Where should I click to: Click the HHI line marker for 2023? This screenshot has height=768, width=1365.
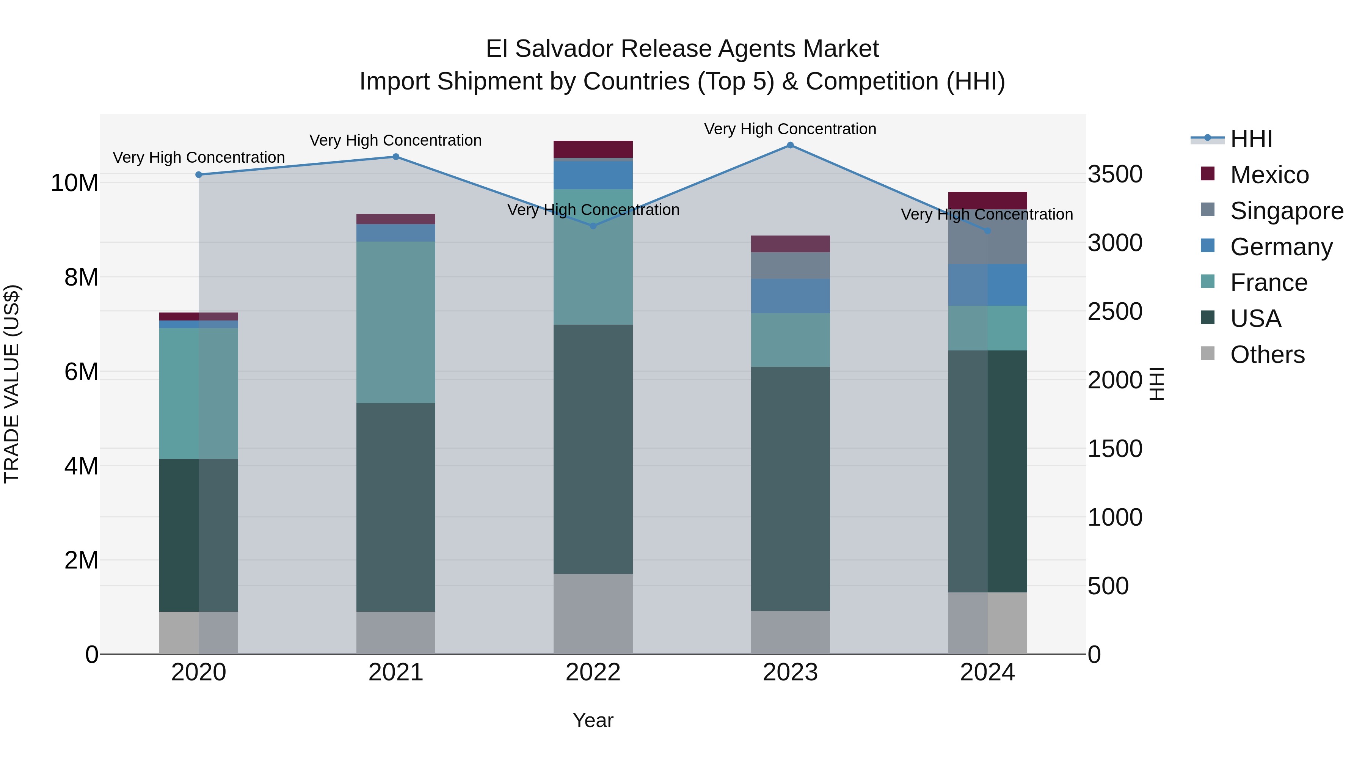click(x=790, y=145)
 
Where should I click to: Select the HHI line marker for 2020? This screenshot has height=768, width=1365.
click(x=199, y=174)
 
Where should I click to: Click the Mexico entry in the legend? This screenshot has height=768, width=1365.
click(x=1269, y=175)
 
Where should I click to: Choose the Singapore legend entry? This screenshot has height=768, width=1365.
click(x=1286, y=211)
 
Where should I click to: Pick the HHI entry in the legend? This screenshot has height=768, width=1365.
click(x=1250, y=139)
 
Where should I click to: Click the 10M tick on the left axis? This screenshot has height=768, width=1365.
click(x=74, y=183)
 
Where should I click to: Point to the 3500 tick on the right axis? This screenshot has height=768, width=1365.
click(x=1115, y=174)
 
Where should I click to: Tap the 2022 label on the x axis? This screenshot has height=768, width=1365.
click(x=593, y=672)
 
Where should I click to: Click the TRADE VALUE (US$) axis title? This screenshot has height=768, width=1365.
click(x=12, y=384)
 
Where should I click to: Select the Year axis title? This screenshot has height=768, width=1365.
click(x=593, y=720)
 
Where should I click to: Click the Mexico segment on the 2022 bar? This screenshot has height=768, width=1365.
click(x=593, y=149)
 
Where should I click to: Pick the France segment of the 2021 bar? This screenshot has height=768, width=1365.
click(x=396, y=322)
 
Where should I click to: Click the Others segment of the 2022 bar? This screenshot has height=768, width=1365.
click(x=593, y=613)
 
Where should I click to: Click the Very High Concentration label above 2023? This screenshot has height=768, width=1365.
click(x=790, y=129)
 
